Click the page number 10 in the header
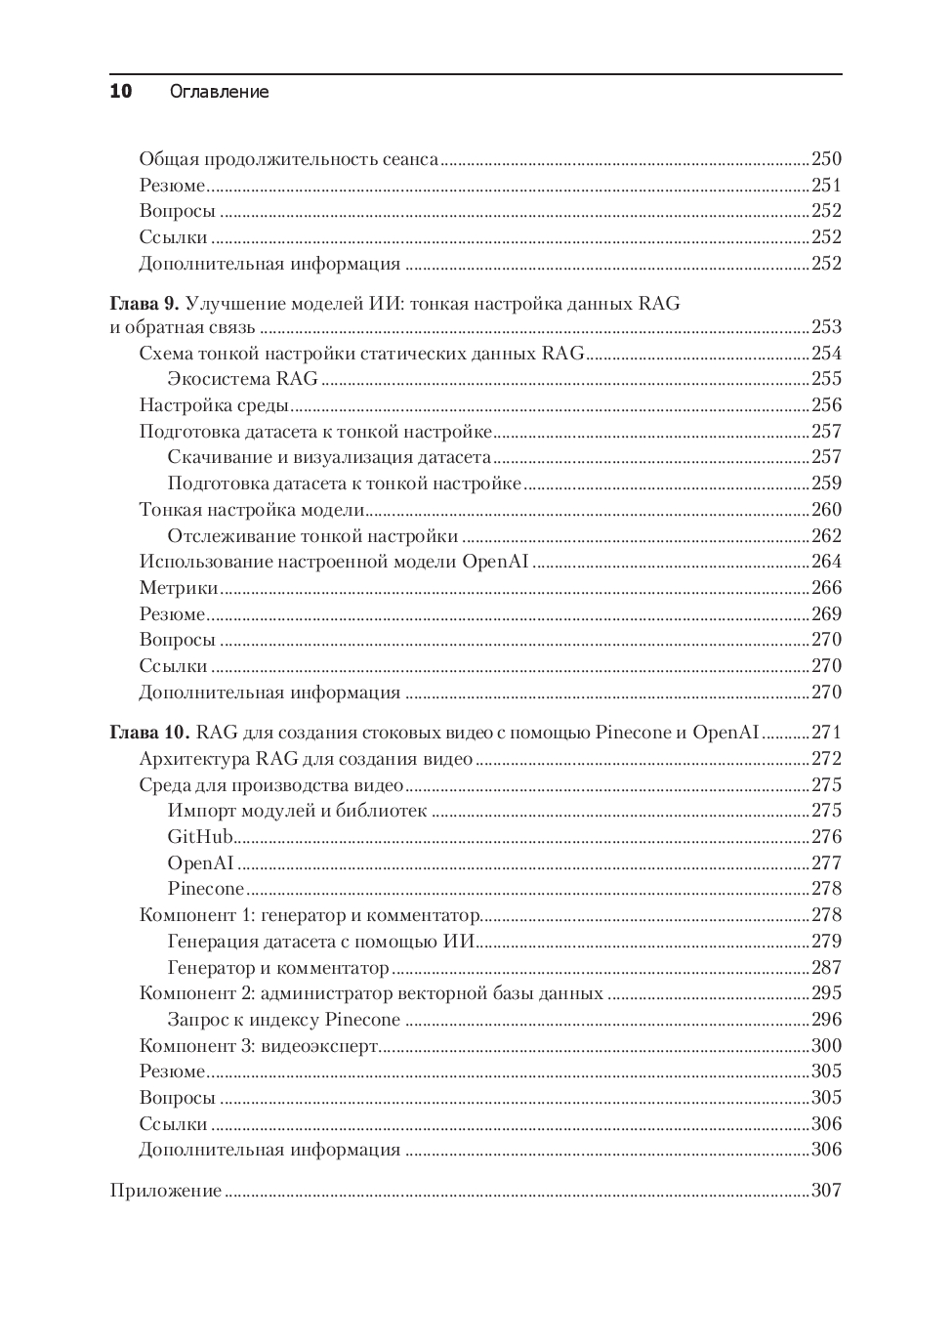pyautogui.click(x=120, y=92)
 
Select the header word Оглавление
pyautogui.click(x=219, y=92)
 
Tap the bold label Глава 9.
pyautogui.click(x=145, y=304)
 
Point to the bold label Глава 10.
pyautogui.click(x=149, y=733)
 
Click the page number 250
pyautogui.click(x=826, y=159)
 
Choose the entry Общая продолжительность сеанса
pyautogui.click(x=288, y=159)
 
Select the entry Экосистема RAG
pyautogui.click(x=243, y=379)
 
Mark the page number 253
pyautogui.click(x=826, y=327)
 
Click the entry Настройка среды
pyautogui.click(x=214, y=405)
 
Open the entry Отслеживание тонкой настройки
pyautogui.click(x=312, y=536)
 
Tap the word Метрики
pyautogui.click(x=179, y=588)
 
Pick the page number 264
pyautogui.click(x=826, y=562)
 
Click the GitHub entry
pyautogui.click(x=200, y=837)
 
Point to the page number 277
pyautogui.click(x=826, y=863)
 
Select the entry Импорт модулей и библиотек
pyautogui.click(x=297, y=811)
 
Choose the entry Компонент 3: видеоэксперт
pyautogui.click(x=259, y=1046)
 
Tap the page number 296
pyautogui.click(x=826, y=1020)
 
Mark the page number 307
pyautogui.click(x=826, y=1191)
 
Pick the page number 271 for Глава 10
pyautogui.click(x=826, y=733)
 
